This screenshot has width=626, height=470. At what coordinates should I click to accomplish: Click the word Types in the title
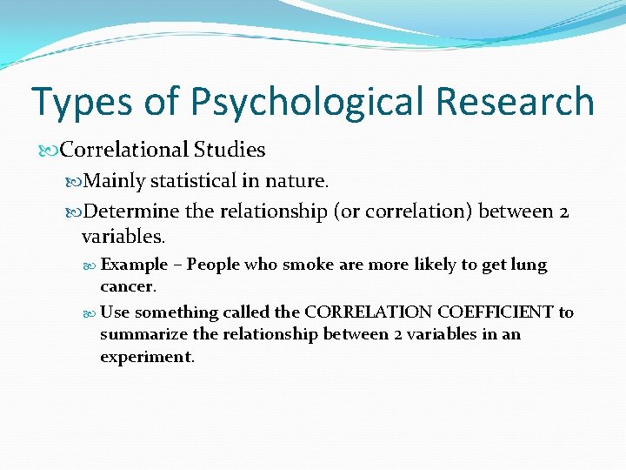click(81, 101)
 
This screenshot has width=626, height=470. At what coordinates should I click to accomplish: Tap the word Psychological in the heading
click(310, 102)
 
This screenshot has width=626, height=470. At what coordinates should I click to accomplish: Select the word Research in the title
click(515, 101)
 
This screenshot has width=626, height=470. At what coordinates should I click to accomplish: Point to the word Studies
click(230, 150)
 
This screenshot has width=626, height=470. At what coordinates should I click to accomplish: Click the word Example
click(134, 264)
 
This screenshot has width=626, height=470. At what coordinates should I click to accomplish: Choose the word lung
click(527, 264)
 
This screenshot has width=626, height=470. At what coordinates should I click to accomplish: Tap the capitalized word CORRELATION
click(358, 312)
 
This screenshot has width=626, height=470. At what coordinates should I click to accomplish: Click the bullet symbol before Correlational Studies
click(52, 151)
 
